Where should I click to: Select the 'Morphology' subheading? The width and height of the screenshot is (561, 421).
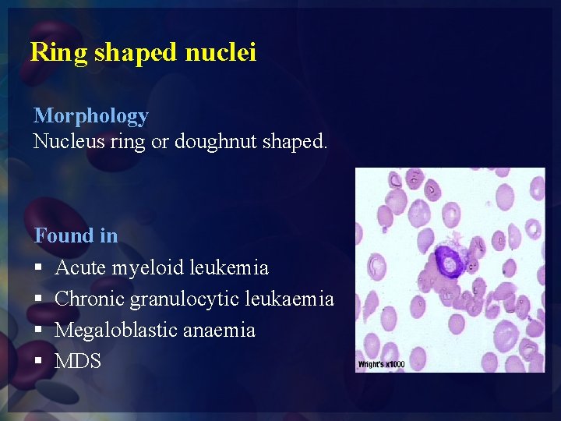(90, 116)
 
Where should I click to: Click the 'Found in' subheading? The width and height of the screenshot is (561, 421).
(76, 235)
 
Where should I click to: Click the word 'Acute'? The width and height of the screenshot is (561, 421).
(82, 267)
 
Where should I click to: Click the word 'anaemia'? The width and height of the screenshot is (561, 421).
(219, 331)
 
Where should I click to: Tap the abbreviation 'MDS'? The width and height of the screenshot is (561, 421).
(78, 361)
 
